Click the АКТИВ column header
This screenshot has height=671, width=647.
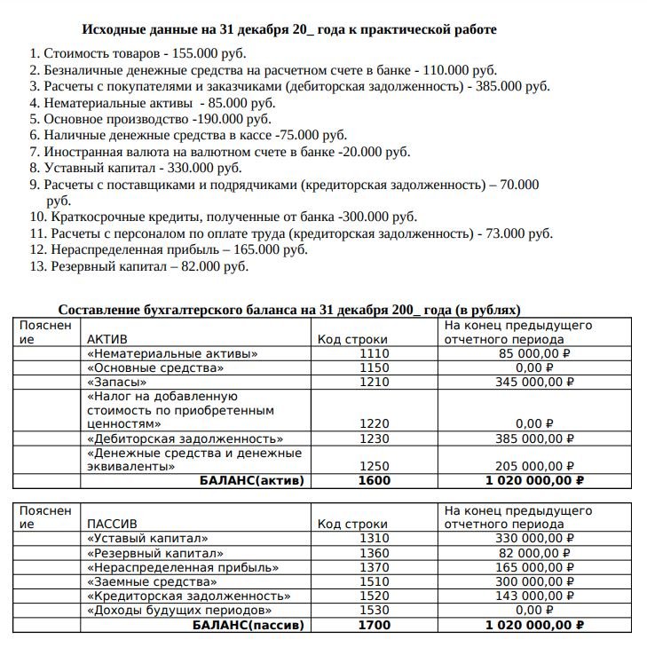[x=107, y=339]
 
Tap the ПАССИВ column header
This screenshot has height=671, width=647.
[x=111, y=524]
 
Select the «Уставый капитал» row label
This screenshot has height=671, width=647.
[x=147, y=539]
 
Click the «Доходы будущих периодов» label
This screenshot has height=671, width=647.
[x=178, y=611]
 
